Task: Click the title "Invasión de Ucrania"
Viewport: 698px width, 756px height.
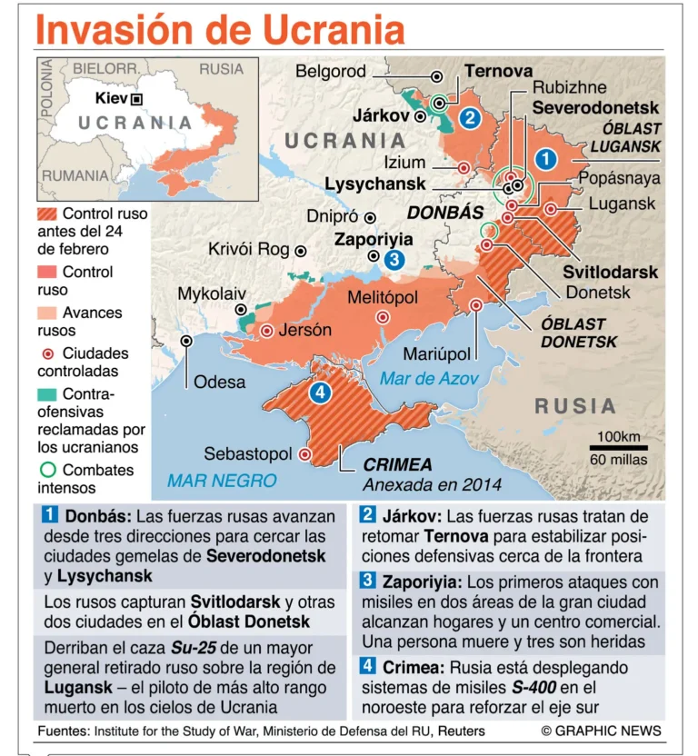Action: point(221,29)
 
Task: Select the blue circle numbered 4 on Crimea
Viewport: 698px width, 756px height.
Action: point(319,393)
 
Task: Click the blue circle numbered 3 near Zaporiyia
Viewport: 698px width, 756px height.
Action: point(394,260)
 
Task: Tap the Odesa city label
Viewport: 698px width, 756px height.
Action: point(220,381)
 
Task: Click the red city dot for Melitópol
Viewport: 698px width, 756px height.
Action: point(383,317)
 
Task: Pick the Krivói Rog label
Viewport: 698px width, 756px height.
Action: point(248,249)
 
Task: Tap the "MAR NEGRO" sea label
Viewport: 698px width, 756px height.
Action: point(222,479)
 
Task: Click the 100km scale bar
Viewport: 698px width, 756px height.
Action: point(618,446)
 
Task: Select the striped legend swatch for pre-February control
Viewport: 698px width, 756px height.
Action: point(46,214)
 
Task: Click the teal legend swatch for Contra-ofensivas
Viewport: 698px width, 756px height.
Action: point(46,394)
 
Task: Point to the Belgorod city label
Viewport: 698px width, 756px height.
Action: point(331,72)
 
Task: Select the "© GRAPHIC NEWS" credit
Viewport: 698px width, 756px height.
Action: point(601,731)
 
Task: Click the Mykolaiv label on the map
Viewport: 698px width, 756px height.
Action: point(212,293)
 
